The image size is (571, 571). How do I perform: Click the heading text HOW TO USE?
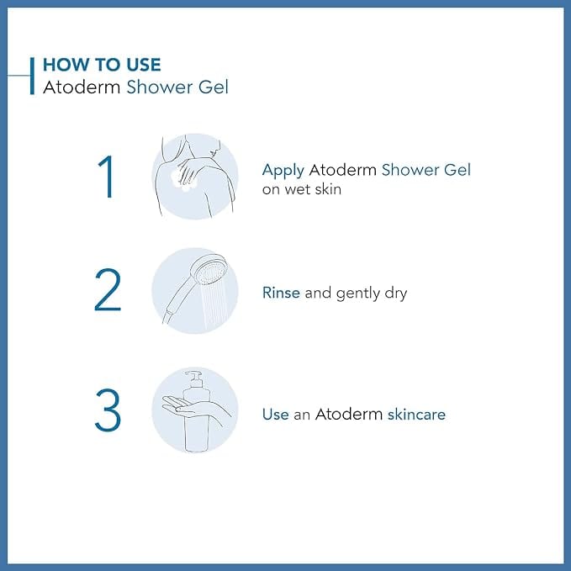(x=102, y=65)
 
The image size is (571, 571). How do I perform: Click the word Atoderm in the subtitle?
(x=82, y=87)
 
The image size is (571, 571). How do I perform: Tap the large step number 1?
(x=107, y=177)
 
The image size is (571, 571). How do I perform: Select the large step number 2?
(x=108, y=290)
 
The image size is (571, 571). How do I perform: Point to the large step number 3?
(x=108, y=410)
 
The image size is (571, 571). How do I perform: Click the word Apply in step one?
(x=283, y=171)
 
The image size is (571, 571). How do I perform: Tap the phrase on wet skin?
(x=302, y=189)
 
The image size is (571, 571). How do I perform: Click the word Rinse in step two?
(x=281, y=293)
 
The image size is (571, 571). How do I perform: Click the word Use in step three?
(x=275, y=415)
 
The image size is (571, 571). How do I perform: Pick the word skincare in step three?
(x=416, y=415)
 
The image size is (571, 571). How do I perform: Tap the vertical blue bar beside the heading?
(x=32, y=76)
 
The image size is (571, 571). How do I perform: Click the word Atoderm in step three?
(x=349, y=415)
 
